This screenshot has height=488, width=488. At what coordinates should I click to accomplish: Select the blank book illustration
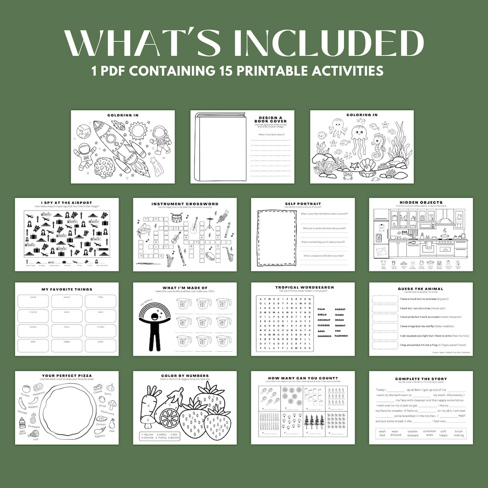[x=219, y=147]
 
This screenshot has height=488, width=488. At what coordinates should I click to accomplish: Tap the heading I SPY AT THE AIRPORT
[x=66, y=203]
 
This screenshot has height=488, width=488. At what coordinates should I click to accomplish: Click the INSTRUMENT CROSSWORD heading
[x=184, y=204]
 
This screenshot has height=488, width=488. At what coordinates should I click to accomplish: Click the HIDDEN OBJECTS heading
[x=421, y=202]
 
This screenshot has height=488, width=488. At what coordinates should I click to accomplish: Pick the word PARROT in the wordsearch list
[x=340, y=309]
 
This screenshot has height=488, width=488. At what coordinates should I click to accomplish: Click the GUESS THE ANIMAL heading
[x=420, y=289]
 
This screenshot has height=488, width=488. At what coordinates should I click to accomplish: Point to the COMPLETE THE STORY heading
[x=420, y=379]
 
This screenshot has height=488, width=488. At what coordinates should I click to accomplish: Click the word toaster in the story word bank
[x=413, y=431]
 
